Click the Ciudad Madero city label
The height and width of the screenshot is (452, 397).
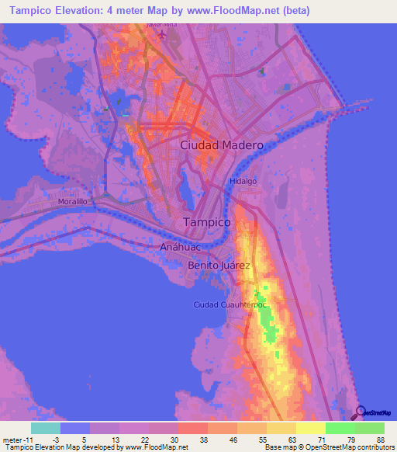pyautogui.click(x=222, y=145)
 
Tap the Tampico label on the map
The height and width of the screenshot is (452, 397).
pyautogui.click(x=207, y=222)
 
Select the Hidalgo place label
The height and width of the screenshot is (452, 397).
pyautogui.click(x=242, y=181)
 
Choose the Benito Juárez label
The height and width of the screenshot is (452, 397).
pyautogui.click(x=219, y=266)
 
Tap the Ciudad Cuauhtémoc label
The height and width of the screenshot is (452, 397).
pyautogui.click(x=230, y=304)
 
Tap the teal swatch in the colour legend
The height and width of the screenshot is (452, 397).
pyautogui.click(x=45, y=428)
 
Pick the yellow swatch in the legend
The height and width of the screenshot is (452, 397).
pyautogui.click(x=311, y=428)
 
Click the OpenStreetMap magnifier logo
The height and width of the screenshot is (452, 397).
pyautogui.click(x=358, y=412)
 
